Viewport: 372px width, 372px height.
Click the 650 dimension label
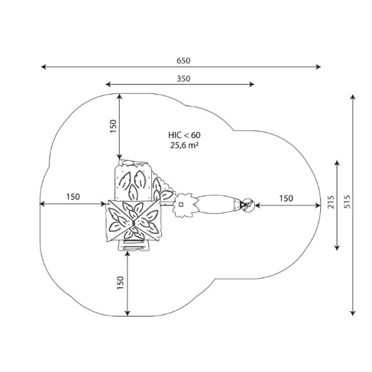click(x=183, y=61)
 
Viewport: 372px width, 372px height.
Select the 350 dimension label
click(x=183, y=79)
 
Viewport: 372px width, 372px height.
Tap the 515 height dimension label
click(x=347, y=202)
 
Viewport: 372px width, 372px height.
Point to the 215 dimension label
click(x=331, y=202)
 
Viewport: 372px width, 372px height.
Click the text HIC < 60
click(x=184, y=135)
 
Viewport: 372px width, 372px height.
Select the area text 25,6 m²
click(x=184, y=145)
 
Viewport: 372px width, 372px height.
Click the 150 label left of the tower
click(x=73, y=197)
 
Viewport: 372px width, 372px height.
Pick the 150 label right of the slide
click(x=286, y=198)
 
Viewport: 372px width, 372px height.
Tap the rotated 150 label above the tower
click(x=113, y=126)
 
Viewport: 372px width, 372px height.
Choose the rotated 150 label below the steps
click(x=120, y=282)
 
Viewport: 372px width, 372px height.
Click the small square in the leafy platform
click(x=181, y=204)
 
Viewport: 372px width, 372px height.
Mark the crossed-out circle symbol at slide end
click(x=248, y=205)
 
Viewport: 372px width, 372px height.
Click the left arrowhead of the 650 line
click(x=44, y=67)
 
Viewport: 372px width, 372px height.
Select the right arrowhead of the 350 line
click(x=252, y=84)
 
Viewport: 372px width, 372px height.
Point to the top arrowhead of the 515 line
click(x=352, y=97)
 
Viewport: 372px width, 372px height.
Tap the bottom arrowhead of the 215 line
click(x=337, y=248)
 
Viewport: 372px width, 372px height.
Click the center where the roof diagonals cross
click(x=134, y=223)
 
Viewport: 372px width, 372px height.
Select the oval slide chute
click(x=216, y=204)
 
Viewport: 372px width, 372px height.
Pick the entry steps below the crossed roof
click(x=134, y=245)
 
